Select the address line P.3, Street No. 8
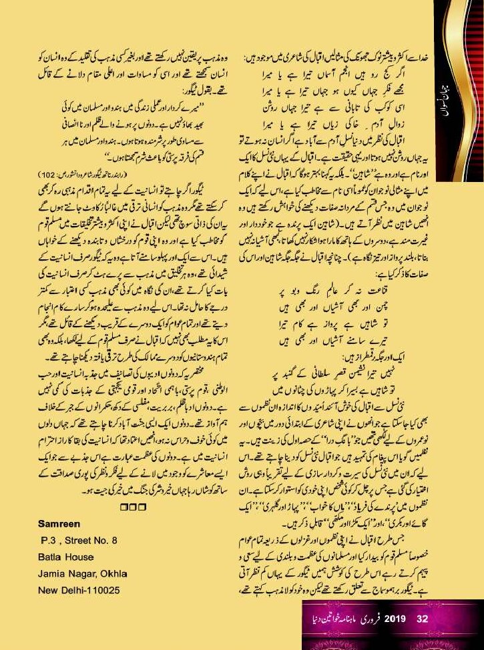point(80,540)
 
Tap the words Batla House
point(66,557)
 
